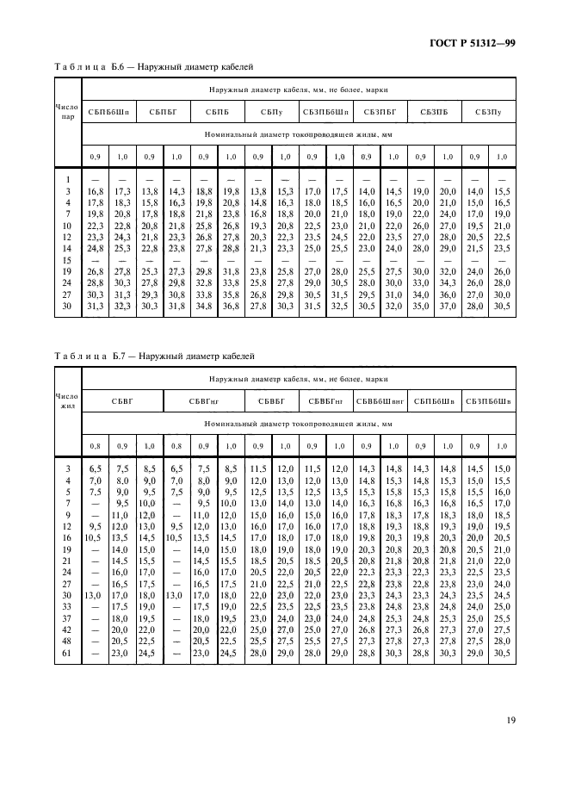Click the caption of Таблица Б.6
point(155,65)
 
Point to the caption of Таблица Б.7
point(155,356)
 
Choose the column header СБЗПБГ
point(380,111)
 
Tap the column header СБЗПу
point(487,111)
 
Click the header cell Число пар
point(67,111)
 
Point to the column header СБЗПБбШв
point(487,400)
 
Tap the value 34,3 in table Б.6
point(448,282)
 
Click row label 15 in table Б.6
point(67,259)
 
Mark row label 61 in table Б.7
point(67,654)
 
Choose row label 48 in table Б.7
point(67,642)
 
